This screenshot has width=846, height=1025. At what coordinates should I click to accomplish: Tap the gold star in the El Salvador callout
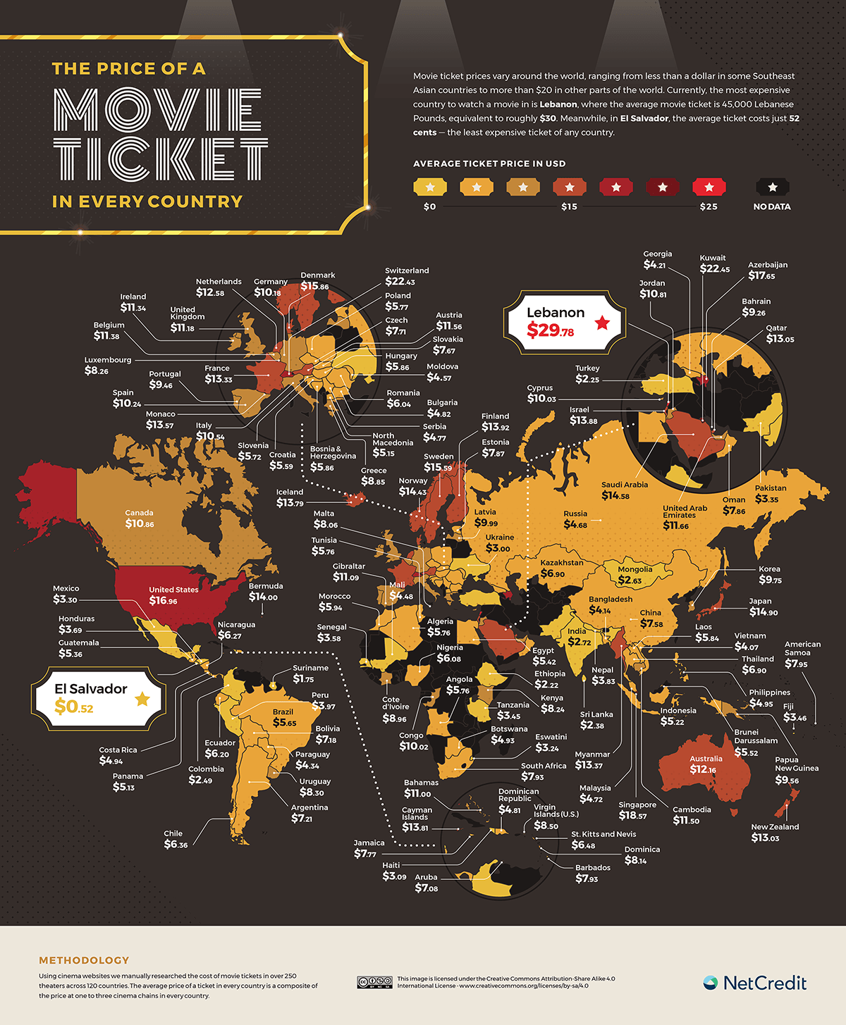pyautogui.click(x=142, y=698)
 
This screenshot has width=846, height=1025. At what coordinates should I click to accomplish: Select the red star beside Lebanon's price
pyautogui.click(x=601, y=323)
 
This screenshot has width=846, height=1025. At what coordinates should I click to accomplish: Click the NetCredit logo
pyautogui.click(x=755, y=983)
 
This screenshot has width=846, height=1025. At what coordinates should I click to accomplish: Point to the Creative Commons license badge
pyautogui.click(x=374, y=982)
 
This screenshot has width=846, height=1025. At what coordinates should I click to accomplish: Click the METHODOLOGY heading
pyautogui.click(x=84, y=960)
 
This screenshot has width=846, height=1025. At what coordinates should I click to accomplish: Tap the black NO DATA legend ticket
pyautogui.click(x=772, y=187)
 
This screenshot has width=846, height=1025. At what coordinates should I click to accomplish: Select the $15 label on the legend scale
pyautogui.click(x=569, y=206)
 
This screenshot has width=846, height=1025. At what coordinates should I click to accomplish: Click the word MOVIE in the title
pyautogui.click(x=158, y=110)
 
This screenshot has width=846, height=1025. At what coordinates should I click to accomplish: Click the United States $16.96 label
pyautogui.click(x=173, y=596)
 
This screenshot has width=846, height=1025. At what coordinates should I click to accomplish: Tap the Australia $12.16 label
pyautogui.click(x=706, y=764)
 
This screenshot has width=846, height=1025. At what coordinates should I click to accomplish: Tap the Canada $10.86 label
pyautogui.click(x=139, y=519)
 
